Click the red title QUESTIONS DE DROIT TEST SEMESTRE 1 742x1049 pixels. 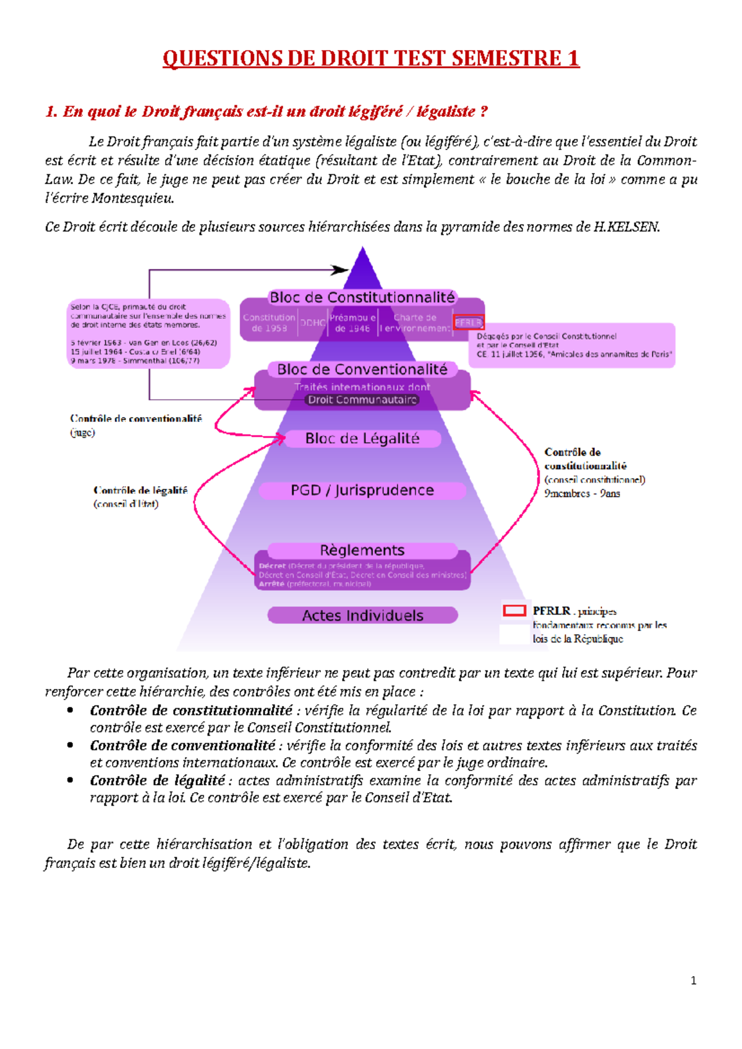click(x=371, y=59)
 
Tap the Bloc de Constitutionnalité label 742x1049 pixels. click(x=362, y=298)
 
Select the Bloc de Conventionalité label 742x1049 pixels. click(x=362, y=369)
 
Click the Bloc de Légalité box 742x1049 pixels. click(x=362, y=439)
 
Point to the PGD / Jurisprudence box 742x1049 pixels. click(x=362, y=491)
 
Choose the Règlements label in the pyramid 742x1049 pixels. click(x=362, y=550)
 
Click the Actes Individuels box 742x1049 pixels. click(x=363, y=615)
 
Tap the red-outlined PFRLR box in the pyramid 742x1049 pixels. click(x=468, y=322)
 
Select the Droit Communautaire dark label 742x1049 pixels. click(x=362, y=400)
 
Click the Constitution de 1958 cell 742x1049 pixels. click(x=269, y=322)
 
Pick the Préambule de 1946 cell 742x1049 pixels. click(x=352, y=322)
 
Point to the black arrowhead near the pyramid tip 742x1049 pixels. click(x=339, y=270)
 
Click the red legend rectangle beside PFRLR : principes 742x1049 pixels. click(x=514, y=611)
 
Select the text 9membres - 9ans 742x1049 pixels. click(x=582, y=494)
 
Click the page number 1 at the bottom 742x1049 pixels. click(x=693, y=980)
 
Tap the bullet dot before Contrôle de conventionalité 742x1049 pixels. click(x=70, y=746)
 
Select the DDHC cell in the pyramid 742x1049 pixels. click(x=313, y=322)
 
